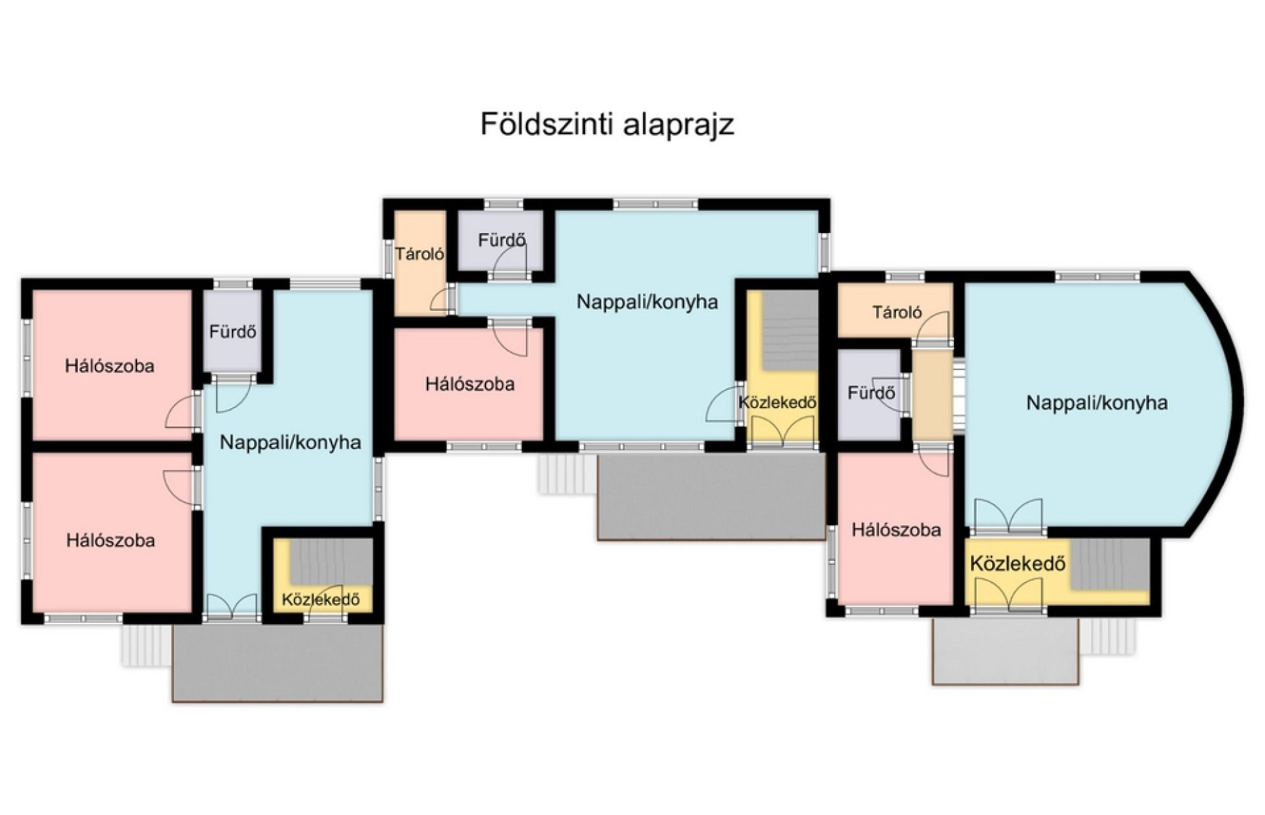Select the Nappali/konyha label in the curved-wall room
point(1097,403)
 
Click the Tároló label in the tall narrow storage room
point(420,253)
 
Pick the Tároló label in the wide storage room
point(897,312)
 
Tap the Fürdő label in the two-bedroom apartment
point(233,331)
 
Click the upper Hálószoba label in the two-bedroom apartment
point(109,366)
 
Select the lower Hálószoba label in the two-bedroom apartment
point(111,540)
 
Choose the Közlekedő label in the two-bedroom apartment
point(321,600)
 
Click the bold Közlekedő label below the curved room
point(1018,564)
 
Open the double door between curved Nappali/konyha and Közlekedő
point(1008,516)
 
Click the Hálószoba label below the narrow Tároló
point(470,384)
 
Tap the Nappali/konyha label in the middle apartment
point(647,302)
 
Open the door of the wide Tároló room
point(936,327)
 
